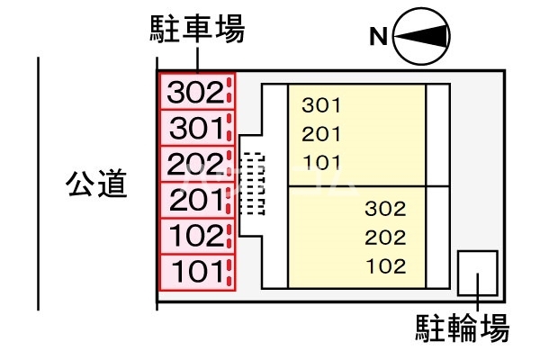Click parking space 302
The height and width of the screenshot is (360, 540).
196,91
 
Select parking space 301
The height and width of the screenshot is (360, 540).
196,128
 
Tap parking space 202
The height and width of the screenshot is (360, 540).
196,164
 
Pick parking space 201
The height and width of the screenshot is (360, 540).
196,200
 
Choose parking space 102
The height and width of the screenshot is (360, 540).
196,237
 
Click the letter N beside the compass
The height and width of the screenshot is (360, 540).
379,37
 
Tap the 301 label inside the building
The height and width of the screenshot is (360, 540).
321,105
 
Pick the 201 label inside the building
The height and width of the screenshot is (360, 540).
321,135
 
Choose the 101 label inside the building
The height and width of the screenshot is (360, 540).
321,164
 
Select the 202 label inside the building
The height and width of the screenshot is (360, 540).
386,238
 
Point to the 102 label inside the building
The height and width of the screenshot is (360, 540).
386,267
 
